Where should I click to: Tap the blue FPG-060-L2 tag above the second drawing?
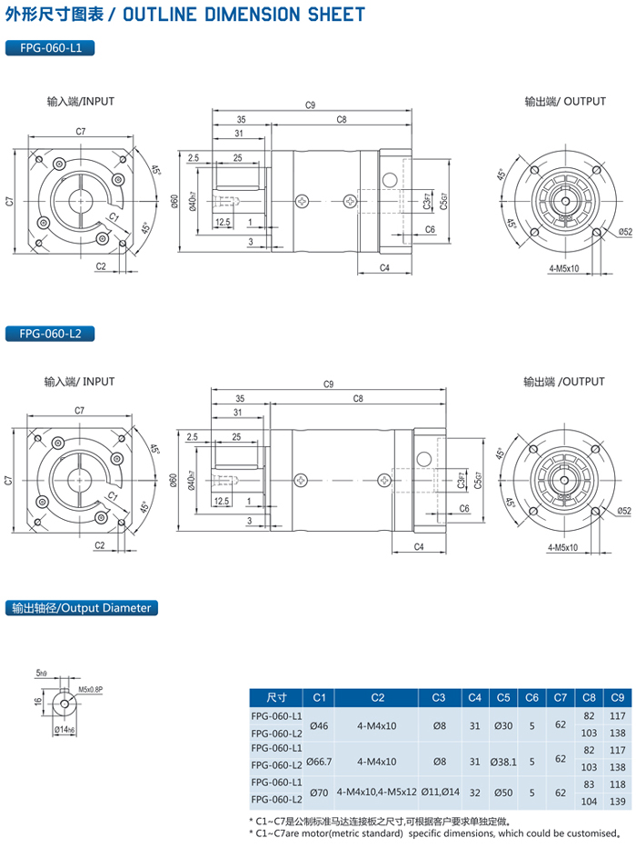click(50, 334)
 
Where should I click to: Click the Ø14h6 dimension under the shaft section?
click(64, 729)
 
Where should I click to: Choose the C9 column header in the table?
click(617, 698)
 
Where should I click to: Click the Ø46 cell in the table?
click(319, 724)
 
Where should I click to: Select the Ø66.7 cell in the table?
click(319, 759)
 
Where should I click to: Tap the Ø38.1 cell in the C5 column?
click(502, 759)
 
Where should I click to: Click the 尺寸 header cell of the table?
click(276, 698)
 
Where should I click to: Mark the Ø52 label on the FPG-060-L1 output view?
click(624, 232)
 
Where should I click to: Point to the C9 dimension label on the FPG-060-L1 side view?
click(311, 106)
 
